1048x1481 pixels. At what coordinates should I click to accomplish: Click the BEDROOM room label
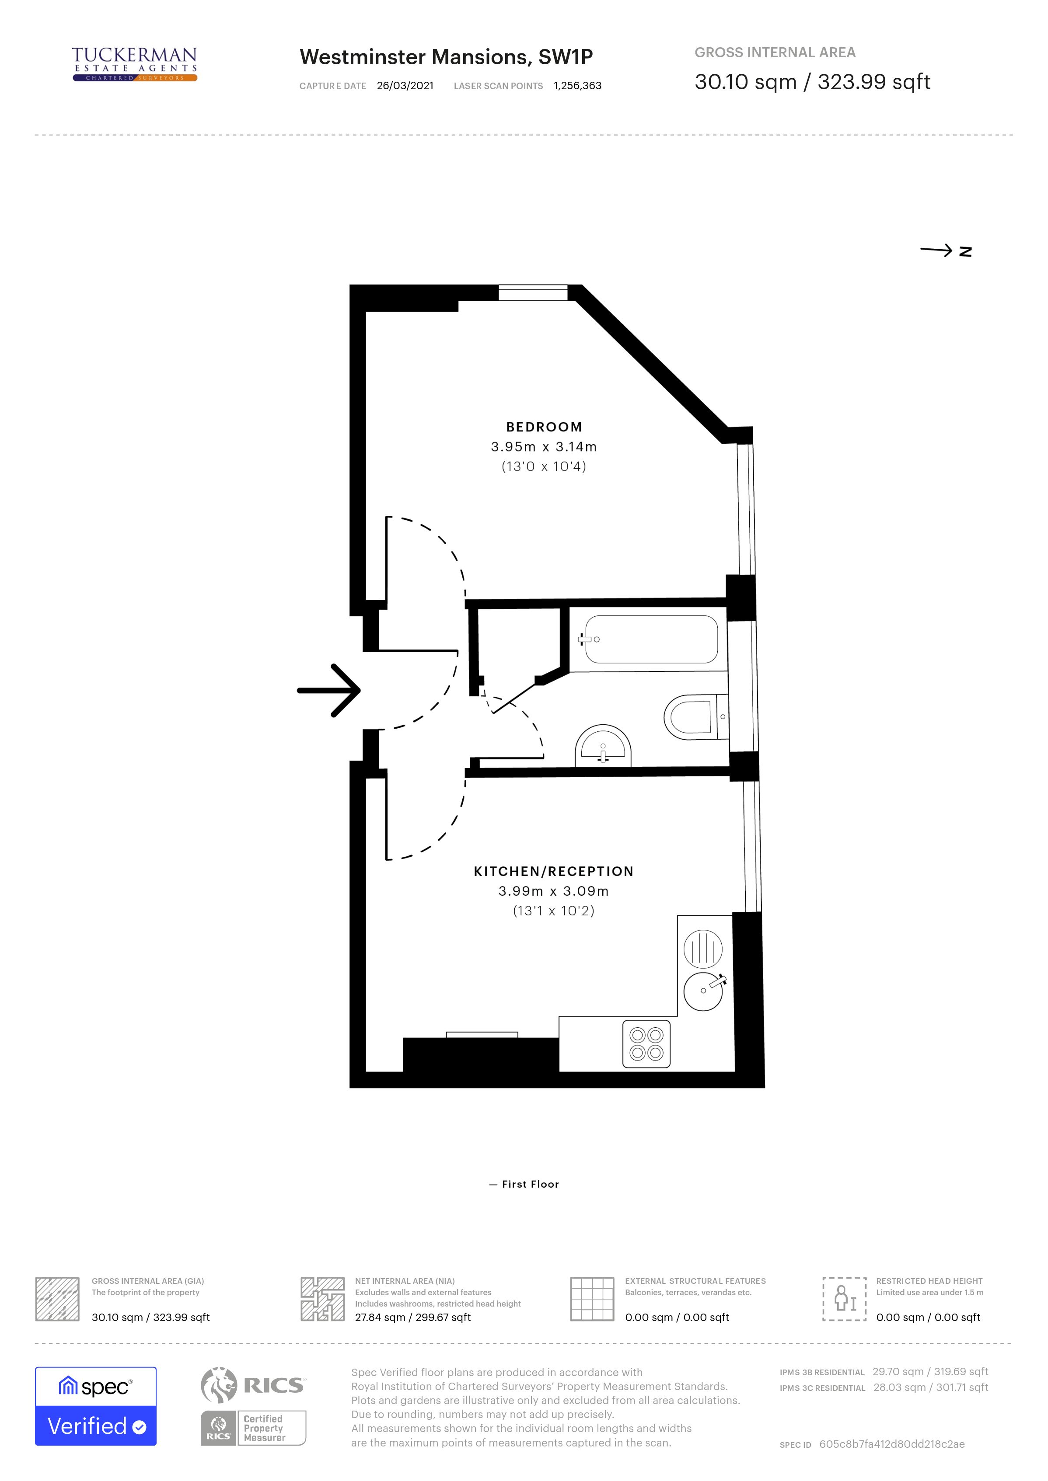[544, 427]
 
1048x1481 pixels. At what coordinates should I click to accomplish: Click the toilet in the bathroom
[694, 716]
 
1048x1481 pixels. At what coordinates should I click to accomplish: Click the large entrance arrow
[329, 690]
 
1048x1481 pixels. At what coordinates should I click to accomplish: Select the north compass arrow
[945, 251]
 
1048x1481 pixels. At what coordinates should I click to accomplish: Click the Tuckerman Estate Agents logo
[134, 64]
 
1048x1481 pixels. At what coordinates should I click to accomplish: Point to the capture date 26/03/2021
[405, 86]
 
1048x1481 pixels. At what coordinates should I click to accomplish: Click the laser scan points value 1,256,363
[577, 86]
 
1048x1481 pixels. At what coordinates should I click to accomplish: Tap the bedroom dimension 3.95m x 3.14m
[544, 446]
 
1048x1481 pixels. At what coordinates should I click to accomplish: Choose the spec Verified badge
[95, 1406]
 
